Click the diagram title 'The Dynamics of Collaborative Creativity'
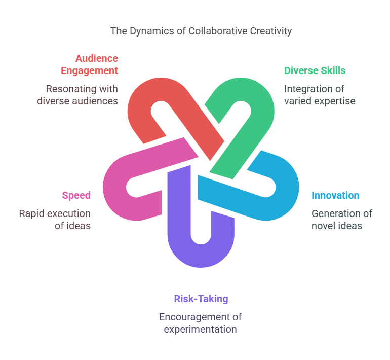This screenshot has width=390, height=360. click(201, 31)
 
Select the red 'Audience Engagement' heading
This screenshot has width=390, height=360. click(90, 64)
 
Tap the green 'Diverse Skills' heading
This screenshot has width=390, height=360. click(315, 70)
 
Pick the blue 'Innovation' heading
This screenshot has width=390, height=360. click(335, 195)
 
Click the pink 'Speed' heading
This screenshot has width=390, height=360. click(76, 195)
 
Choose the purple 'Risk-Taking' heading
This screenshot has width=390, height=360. click(201, 299)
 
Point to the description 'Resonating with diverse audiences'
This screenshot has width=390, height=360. click(77, 95)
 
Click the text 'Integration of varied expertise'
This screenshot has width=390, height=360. click(320, 95)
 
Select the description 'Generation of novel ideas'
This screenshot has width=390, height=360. click(342, 220)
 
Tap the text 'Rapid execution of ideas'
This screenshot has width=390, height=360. click(55, 220)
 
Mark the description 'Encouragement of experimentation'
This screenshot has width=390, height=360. click(201, 323)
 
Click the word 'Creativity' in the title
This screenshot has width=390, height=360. click(271, 31)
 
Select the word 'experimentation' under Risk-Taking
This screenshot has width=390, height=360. click(200, 330)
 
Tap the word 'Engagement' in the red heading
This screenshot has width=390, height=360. click(90, 70)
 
